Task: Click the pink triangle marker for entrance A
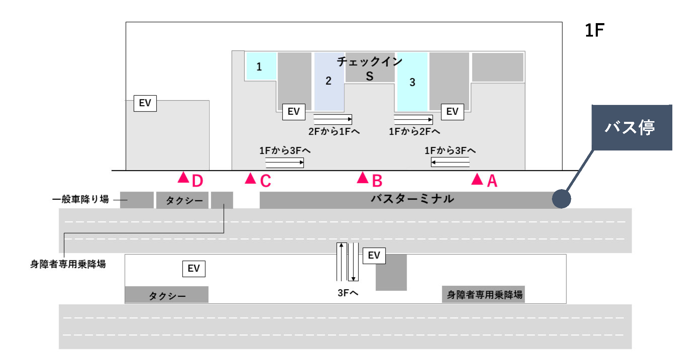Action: (477, 179)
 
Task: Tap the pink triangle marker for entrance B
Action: (363, 178)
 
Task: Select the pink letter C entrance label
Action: (265, 181)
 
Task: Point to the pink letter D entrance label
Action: (197, 181)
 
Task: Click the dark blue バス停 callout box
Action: (631, 127)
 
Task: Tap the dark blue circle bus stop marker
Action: (561, 199)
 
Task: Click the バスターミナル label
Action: (412, 199)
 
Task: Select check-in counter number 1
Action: (259, 67)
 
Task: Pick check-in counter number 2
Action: (328, 81)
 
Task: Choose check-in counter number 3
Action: (412, 82)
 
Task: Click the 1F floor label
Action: (594, 31)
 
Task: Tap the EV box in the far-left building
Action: (145, 103)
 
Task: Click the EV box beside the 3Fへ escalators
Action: (374, 256)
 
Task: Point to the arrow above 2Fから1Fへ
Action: (333, 120)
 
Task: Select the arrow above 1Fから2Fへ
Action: (413, 120)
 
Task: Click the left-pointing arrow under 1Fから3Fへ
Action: (450, 162)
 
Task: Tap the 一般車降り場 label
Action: (80, 200)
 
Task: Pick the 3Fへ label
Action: (348, 293)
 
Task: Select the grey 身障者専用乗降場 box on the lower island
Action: (483, 295)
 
